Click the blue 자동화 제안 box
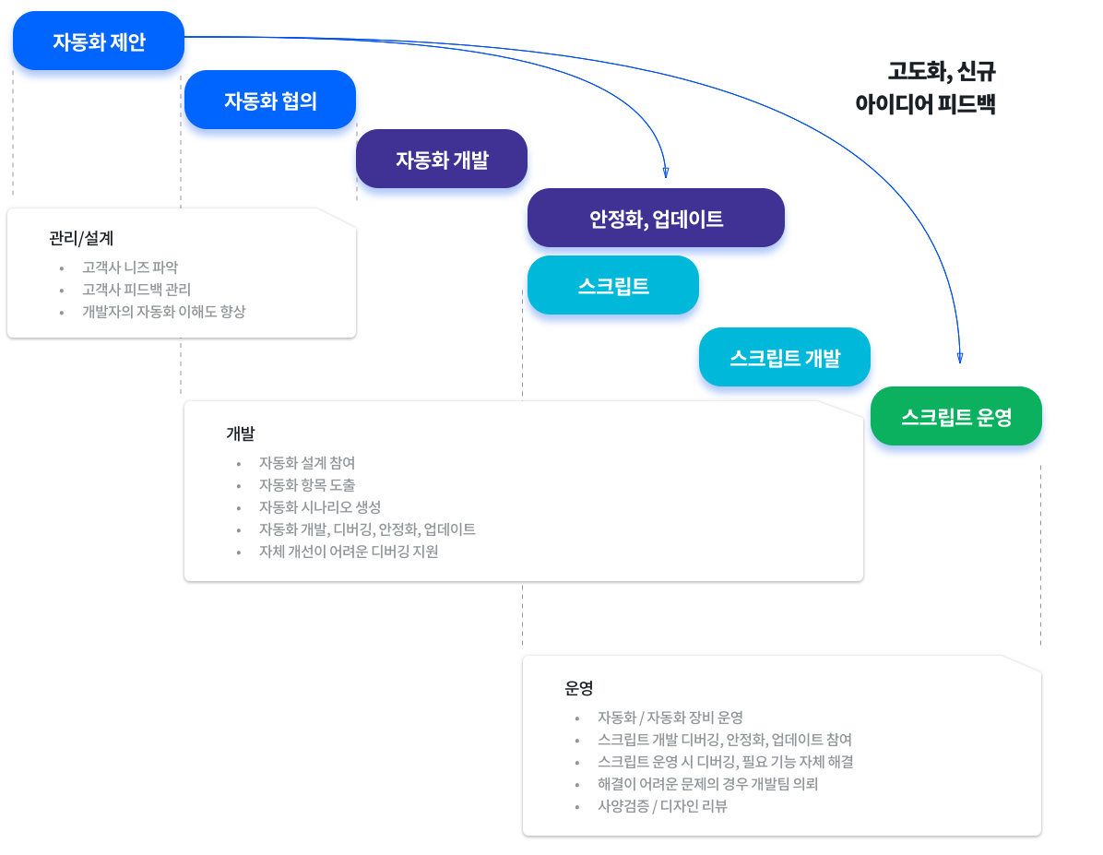click(99, 41)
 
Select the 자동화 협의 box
click(270, 100)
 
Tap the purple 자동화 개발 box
click(442, 159)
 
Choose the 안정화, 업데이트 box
click(657, 219)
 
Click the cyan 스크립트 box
click(613, 285)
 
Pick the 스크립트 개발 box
click(785, 357)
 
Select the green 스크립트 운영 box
click(956, 416)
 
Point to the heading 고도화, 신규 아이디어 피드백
click(926, 88)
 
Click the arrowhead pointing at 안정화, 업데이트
click(666, 172)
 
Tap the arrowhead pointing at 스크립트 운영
click(960, 358)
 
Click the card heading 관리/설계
click(81, 239)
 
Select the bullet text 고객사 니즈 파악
click(130, 267)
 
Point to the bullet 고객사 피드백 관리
click(136, 290)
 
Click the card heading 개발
click(241, 433)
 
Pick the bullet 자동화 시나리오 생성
click(320, 506)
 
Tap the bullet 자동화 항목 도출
click(307, 485)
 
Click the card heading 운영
click(579, 688)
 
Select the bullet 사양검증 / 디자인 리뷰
click(663, 806)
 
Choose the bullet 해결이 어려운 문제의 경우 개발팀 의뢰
click(707, 784)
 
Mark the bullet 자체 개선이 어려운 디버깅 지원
click(349, 551)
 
